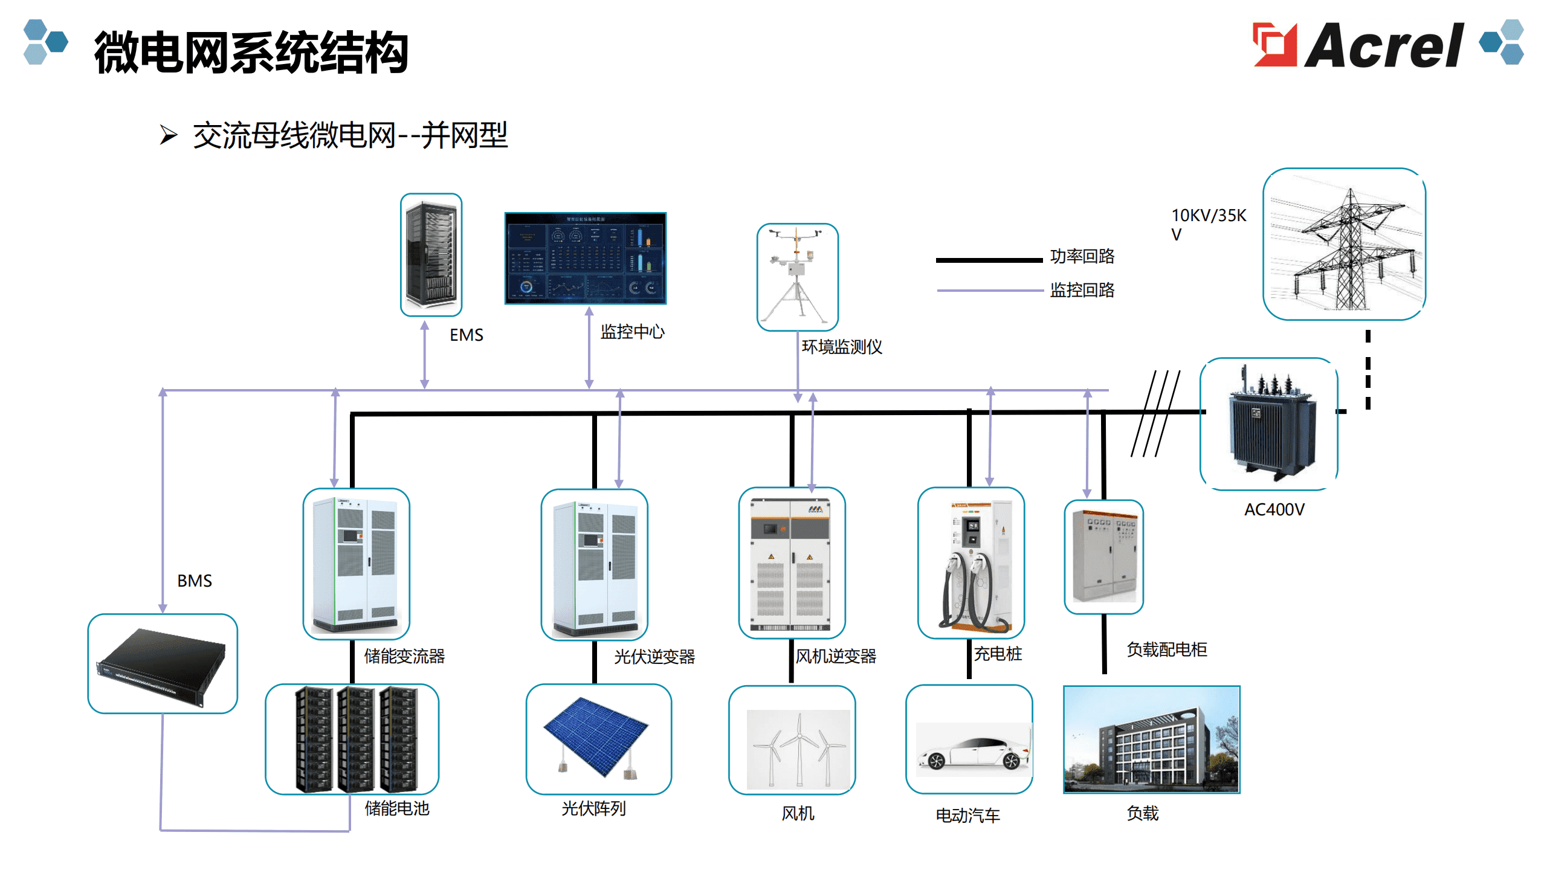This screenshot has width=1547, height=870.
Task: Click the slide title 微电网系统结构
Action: pos(251,53)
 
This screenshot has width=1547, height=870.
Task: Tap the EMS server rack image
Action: pos(431,254)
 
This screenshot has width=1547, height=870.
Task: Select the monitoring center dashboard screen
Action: pos(586,258)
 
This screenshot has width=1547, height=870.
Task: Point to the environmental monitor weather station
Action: pos(798,277)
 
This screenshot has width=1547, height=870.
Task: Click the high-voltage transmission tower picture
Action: pos(1345,244)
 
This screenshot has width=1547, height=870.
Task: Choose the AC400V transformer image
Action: pos(1269,424)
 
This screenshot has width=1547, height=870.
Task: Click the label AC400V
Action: pos(1274,510)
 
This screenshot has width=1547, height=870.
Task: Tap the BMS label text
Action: pos(195,581)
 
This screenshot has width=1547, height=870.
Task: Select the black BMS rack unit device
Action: pos(162,664)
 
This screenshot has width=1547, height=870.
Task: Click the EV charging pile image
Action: pos(971,562)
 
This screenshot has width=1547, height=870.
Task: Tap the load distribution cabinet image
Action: pos(1104,556)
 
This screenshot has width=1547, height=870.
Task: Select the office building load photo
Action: pos(1152,739)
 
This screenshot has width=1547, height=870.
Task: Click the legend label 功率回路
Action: pos(1082,256)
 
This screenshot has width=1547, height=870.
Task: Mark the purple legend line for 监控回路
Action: pos(990,291)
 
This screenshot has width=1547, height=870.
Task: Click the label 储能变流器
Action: pos(404,656)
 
